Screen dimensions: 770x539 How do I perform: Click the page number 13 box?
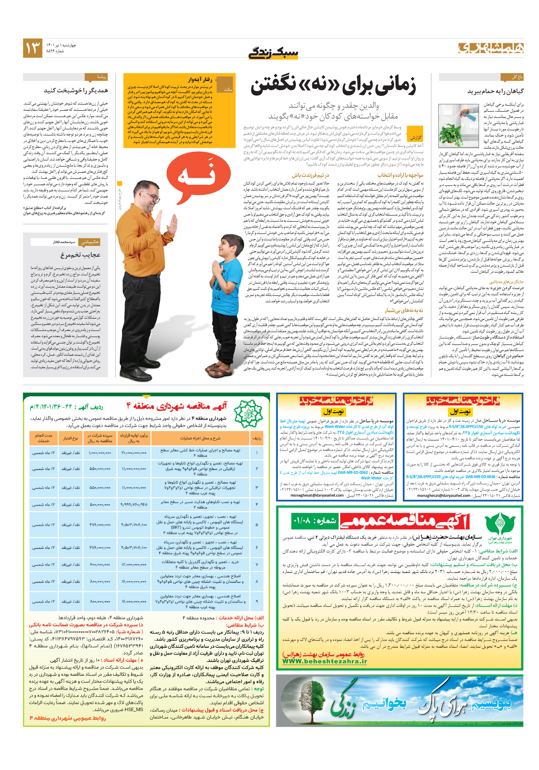[33, 48]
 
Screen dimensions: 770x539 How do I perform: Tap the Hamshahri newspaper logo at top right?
[491, 48]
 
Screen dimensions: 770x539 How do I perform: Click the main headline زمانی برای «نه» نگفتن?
[333, 86]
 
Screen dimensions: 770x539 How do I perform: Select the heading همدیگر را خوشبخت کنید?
[76, 91]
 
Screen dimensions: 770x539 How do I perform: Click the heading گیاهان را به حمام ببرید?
[495, 91]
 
